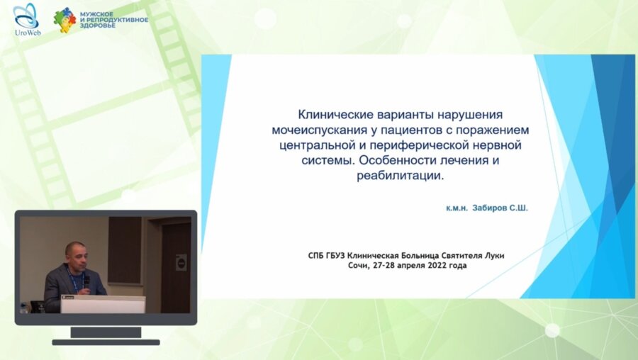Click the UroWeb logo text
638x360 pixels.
[26, 32]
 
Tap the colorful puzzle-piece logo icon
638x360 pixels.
[65, 20]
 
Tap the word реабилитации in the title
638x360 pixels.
[400, 176]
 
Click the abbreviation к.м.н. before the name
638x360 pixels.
[457, 210]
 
